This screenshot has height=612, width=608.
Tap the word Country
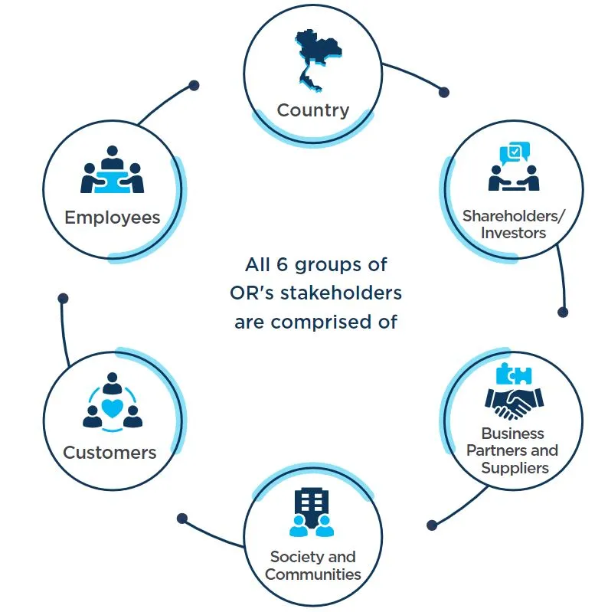tap(312, 110)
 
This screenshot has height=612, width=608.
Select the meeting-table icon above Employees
tap(113, 171)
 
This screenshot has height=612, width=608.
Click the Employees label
tap(113, 217)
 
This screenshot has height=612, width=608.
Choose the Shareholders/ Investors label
tap(513, 224)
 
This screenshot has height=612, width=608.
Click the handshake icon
tap(514, 401)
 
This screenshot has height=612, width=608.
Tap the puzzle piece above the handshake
tap(514, 375)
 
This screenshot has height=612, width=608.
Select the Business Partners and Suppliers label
tap(512, 450)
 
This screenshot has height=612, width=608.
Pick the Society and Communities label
tap(312, 565)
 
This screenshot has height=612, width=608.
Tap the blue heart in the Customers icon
tap(113, 408)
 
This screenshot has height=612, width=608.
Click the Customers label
tap(110, 452)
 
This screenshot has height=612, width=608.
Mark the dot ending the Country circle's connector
tap(443, 92)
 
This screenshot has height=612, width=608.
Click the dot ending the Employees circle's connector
tap(194, 85)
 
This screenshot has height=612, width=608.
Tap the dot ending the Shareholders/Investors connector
tap(563, 313)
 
